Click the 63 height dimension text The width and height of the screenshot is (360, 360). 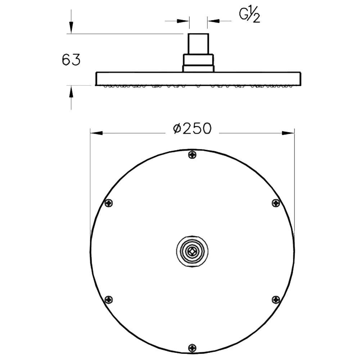pos(71,60)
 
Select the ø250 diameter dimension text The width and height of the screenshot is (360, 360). pos(192,129)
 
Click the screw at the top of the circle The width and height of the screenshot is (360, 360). pos(192,155)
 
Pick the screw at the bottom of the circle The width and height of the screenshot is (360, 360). pos(192,348)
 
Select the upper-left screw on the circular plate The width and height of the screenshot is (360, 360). pos(109,203)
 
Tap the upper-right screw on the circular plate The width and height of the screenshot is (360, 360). pos(276,203)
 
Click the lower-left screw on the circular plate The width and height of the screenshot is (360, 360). pos(109,300)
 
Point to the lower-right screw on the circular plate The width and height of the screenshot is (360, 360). pos(276,300)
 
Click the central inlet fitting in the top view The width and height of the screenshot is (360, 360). pos(192,251)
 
